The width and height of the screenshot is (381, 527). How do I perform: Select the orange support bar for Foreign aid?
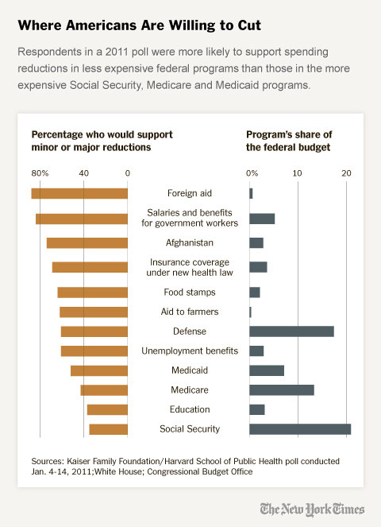click(79, 193)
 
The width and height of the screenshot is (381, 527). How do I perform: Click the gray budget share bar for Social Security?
click(300, 429)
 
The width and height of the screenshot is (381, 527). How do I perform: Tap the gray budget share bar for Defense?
click(291, 331)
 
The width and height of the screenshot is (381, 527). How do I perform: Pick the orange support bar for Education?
click(107, 409)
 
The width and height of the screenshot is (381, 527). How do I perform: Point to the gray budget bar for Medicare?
click(282, 389)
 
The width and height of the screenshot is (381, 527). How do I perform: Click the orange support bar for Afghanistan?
click(87, 242)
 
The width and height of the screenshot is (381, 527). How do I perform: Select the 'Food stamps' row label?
click(189, 292)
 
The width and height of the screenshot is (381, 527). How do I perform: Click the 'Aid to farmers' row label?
click(189, 312)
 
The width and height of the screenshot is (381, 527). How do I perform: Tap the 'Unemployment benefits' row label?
click(189, 351)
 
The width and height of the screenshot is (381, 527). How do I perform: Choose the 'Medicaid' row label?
click(189, 370)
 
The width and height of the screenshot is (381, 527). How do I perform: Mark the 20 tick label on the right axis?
click(345, 172)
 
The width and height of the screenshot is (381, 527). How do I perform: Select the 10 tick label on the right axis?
click(298, 172)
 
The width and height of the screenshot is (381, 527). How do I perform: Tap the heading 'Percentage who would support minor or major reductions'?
click(102, 141)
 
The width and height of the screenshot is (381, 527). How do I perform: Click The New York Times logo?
click(312, 509)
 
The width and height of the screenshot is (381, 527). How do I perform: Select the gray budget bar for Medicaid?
click(267, 370)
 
